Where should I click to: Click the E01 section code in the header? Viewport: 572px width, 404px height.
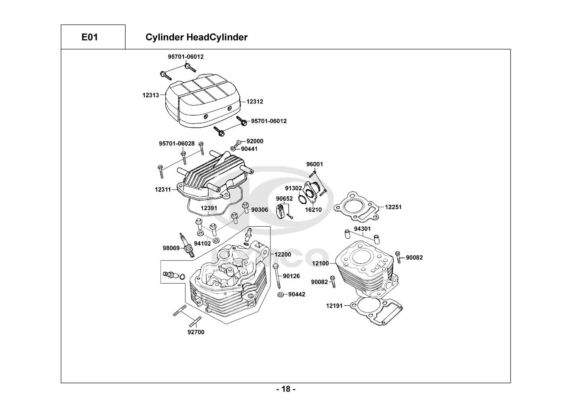coord(89,37)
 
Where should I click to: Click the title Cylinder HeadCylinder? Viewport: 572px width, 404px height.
coord(196,37)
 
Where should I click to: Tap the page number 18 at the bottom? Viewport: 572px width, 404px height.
coord(286,389)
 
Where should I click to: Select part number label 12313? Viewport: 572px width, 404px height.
coord(150,95)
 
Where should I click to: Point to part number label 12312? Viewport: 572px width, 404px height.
coord(255,101)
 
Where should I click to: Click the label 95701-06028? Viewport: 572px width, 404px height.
coord(177,143)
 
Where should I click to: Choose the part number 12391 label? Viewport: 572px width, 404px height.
coord(209,208)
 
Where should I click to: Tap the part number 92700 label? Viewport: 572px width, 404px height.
coord(196,332)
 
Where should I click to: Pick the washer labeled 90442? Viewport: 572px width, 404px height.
coord(280,294)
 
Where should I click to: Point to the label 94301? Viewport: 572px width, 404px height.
coord(362,229)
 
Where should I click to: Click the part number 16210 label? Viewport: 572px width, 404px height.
coord(313,210)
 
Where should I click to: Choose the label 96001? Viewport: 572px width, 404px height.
coord(314,164)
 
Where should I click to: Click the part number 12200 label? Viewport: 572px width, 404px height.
coord(283,255)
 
